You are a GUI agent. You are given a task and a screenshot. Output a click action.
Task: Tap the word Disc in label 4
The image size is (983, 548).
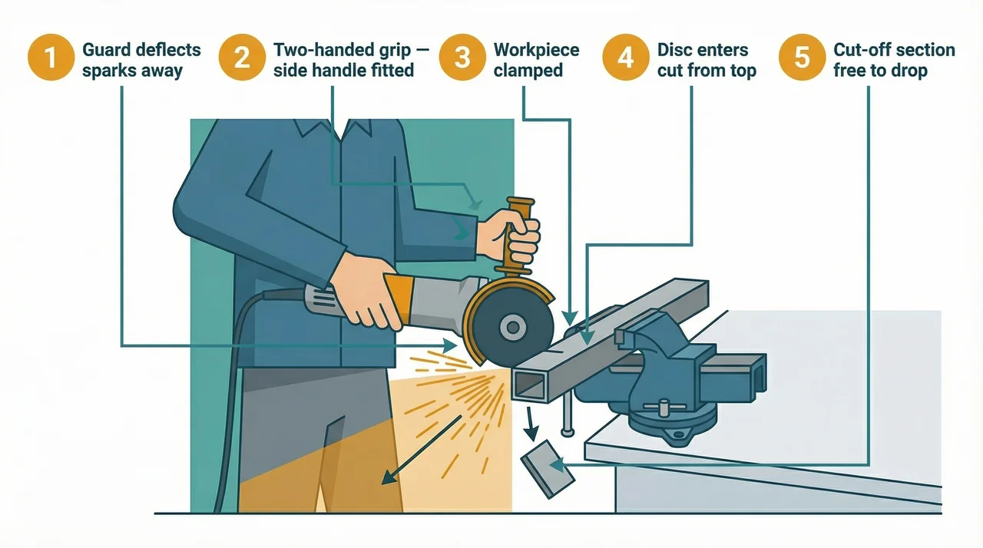pos(674,51)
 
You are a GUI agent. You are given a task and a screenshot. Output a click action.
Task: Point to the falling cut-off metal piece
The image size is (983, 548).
pos(548,468)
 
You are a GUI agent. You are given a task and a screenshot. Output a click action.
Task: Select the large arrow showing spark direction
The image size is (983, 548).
pos(423,449)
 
